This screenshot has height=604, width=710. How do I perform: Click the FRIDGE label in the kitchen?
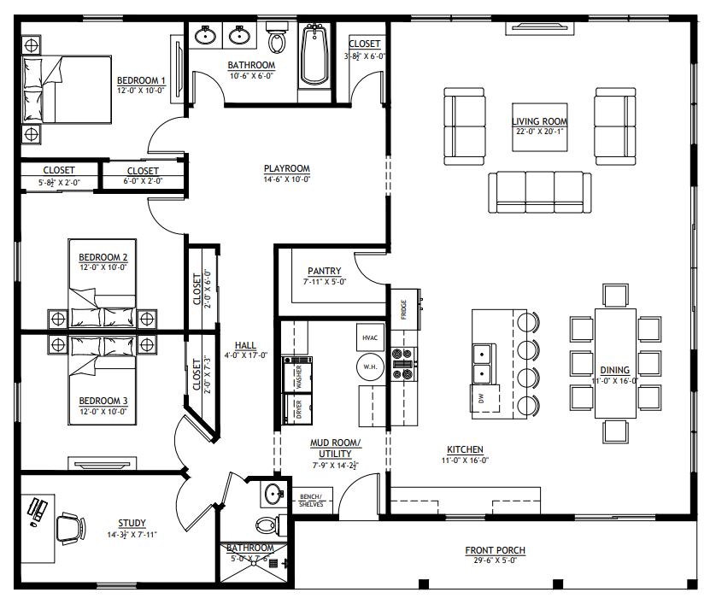(403, 309)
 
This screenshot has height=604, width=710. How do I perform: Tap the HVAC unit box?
(370, 337)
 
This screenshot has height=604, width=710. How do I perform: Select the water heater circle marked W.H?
(370, 367)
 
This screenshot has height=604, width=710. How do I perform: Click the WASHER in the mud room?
(297, 373)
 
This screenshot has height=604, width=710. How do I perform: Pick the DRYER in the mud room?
(297, 407)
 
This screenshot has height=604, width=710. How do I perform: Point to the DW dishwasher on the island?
(481, 398)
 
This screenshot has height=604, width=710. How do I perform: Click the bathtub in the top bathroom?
(314, 55)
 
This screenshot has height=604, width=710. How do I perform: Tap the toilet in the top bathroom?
(277, 38)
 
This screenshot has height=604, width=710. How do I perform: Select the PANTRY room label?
(325, 271)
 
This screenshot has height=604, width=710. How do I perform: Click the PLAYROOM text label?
(286, 168)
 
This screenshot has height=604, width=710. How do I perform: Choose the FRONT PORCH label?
(495, 549)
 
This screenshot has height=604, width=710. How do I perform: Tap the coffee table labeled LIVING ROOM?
(539, 126)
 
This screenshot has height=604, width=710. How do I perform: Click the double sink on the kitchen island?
(483, 362)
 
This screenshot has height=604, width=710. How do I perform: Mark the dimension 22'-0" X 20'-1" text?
(539, 132)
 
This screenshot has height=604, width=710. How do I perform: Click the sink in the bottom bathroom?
(273, 493)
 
